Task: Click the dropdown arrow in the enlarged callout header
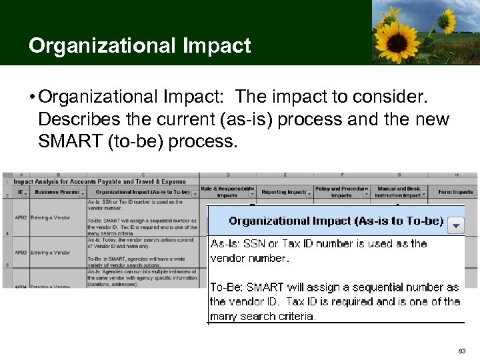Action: [456, 225]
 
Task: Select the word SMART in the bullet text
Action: [70, 141]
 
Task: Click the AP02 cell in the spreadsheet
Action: [20, 217]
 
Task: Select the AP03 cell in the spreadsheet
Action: [20, 253]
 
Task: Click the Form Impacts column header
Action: [455, 192]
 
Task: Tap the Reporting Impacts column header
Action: [283, 192]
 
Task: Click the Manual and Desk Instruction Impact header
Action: [397, 192]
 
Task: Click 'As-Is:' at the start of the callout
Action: [224, 243]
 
